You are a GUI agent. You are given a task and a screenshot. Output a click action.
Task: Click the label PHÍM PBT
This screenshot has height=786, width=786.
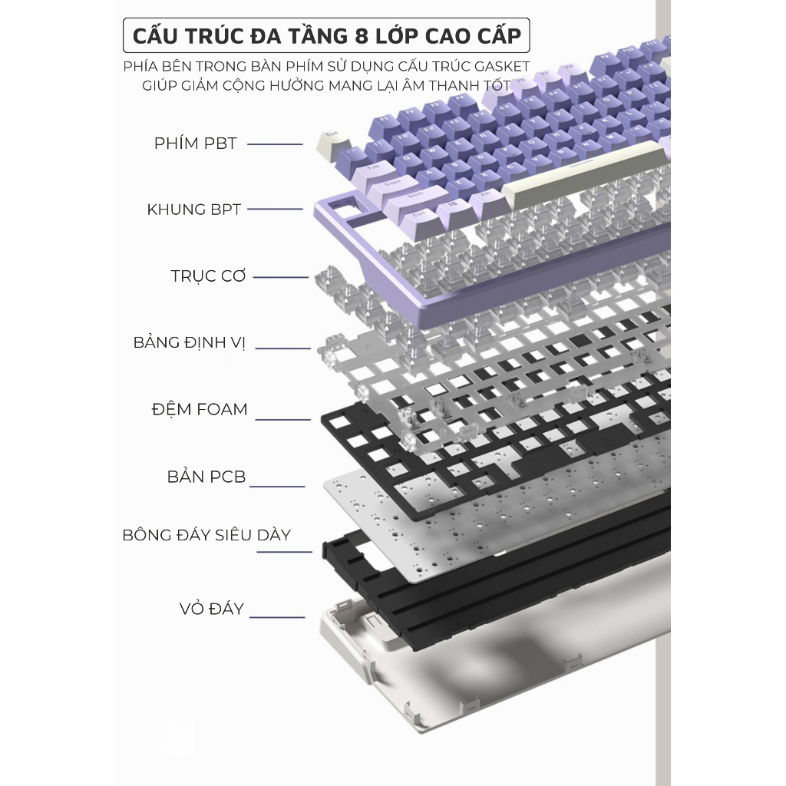click(x=195, y=144)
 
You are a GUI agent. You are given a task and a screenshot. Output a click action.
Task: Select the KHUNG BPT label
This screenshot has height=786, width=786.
click(x=194, y=210)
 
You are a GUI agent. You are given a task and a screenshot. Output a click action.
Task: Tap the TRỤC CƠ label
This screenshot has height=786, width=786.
click(x=208, y=276)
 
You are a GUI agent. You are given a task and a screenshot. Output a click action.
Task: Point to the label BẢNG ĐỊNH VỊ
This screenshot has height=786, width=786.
click(x=189, y=342)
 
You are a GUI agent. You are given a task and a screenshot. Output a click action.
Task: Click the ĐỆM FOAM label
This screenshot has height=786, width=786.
click(x=200, y=409)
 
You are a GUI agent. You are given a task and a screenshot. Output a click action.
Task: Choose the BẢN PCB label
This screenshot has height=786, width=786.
click(x=206, y=477)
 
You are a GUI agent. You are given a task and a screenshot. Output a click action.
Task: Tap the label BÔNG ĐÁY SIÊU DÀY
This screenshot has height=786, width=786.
click(x=206, y=535)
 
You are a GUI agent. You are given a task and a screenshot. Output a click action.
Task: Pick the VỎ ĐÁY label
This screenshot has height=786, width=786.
click(x=212, y=609)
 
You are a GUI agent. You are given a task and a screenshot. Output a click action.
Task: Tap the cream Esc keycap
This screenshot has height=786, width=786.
click(x=332, y=139)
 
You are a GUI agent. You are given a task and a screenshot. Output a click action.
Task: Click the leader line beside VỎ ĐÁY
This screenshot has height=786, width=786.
click(x=278, y=616)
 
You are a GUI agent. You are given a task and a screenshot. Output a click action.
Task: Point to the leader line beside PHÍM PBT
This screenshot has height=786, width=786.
click(x=275, y=144)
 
